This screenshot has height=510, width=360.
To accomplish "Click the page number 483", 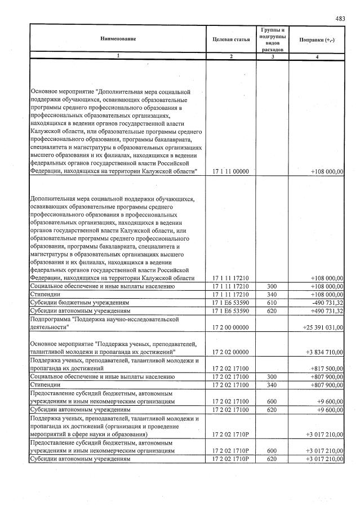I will coord(340,18).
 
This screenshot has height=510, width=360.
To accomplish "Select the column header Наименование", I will coord(118,38).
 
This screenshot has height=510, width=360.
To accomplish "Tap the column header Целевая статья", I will coord(231,39).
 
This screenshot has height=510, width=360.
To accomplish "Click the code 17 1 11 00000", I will coord(231,171).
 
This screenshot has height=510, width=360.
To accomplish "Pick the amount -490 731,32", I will coord(327,302).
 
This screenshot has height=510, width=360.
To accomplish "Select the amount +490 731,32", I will coord(327,310).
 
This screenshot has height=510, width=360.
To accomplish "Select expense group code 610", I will coord(272,302).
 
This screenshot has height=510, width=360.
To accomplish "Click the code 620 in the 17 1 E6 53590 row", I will coord(272,310).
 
